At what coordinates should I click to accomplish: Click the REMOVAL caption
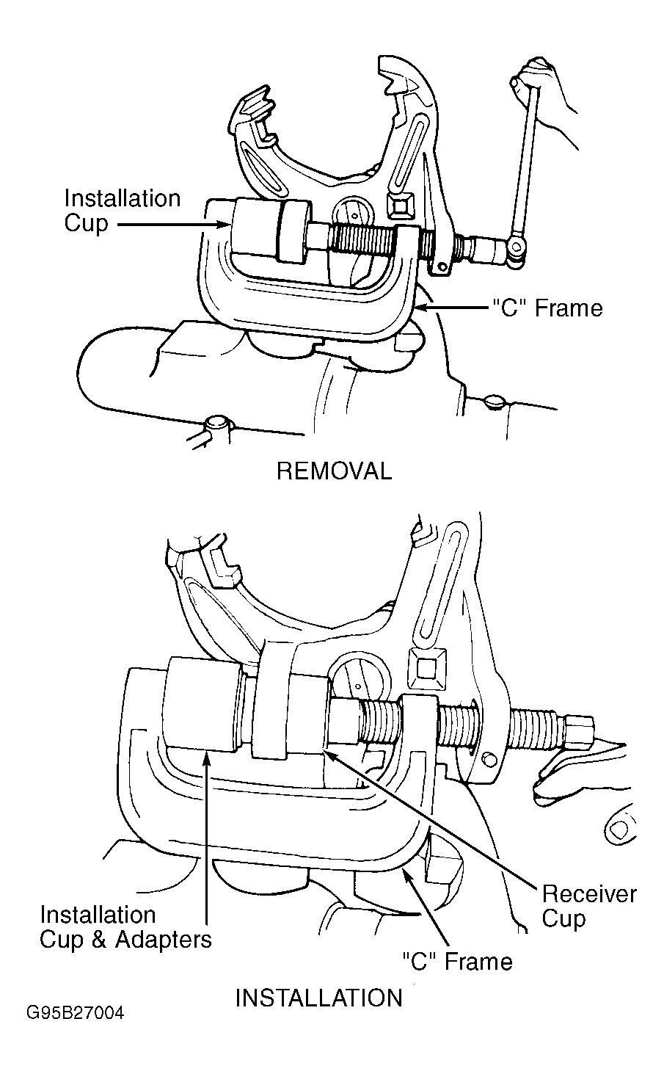(x=334, y=471)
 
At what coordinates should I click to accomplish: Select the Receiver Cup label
(x=589, y=906)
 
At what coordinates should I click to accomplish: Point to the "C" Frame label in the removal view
(x=547, y=308)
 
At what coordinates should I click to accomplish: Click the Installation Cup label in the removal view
(x=123, y=211)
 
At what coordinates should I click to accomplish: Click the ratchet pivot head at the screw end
(x=517, y=250)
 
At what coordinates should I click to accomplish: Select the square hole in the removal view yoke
(x=401, y=207)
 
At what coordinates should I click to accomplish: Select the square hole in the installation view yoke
(x=427, y=667)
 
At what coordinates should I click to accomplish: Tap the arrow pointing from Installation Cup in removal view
(x=172, y=224)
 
